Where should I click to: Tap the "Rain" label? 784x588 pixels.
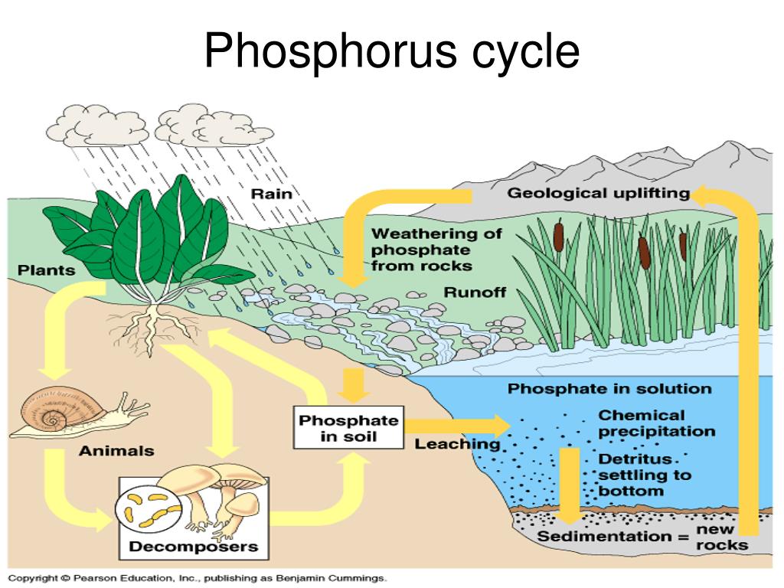pyautogui.click(x=271, y=193)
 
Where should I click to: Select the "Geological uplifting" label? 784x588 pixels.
pyautogui.click(x=598, y=193)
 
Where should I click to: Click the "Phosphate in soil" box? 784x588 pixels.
pyautogui.click(x=348, y=429)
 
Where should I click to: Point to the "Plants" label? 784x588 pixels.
pyautogui.click(x=47, y=269)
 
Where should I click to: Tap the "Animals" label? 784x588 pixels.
pyautogui.click(x=116, y=451)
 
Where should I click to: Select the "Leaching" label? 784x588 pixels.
pyautogui.click(x=457, y=444)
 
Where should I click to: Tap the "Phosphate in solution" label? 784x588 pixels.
pyautogui.click(x=609, y=388)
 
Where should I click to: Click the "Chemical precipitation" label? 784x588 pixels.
pyautogui.click(x=656, y=423)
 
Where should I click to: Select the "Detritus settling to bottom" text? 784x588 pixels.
pyautogui.click(x=644, y=475)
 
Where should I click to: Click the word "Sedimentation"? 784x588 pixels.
pyautogui.click(x=603, y=536)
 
